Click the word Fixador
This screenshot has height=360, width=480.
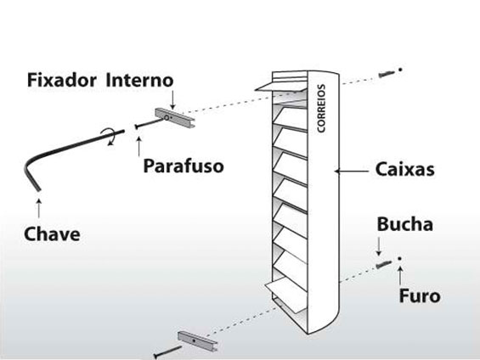tap(62, 80)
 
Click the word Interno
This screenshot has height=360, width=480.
tap(139, 80)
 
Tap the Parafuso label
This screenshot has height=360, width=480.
tap(184, 166)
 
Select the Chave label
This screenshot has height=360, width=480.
tap(52, 234)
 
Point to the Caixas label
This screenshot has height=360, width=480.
tap(404, 169)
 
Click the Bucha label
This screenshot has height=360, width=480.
tap(404, 224)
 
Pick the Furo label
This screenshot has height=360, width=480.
tap(420, 295)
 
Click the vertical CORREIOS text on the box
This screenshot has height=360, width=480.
tap(321, 109)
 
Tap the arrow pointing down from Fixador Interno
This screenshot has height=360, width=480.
tap(172, 99)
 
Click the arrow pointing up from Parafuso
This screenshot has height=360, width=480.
tap(139, 147)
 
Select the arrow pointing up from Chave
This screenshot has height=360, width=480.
tap(39, 208)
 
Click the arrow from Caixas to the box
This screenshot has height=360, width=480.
tap(351, 172)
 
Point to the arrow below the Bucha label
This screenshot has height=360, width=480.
tap(379, 246)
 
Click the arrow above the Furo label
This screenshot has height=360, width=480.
tap(400, 275)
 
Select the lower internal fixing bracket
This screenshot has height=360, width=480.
tap(198, 340)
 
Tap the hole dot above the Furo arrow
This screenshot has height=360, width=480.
tap(400, 259)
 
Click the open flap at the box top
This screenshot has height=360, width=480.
tap(281, 87)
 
